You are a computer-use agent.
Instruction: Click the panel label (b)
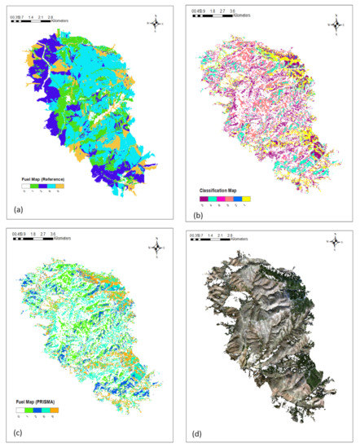pos(198,209)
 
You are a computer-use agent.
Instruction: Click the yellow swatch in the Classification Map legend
pos(247,198)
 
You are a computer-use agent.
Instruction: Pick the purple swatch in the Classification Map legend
pos(202,198)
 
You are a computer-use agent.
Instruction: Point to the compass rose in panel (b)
pos(335,23)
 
